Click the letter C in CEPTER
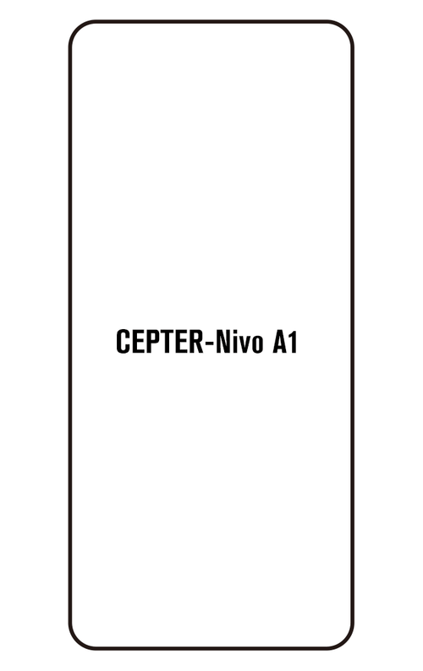coord(123,342)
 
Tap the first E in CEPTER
coord(139,342)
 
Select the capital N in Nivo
coord(222,342)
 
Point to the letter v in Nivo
coord(244,345)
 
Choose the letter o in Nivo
coord(257,345)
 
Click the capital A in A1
coord(280,342)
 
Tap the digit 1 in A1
coord(293,342)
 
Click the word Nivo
coord(239,342)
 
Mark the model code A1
coord(284,342)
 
